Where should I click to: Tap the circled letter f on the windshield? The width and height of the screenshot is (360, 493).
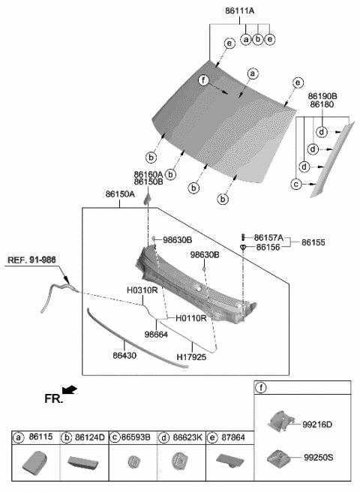pos(202,80)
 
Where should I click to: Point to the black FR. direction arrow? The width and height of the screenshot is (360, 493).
pos(70,389)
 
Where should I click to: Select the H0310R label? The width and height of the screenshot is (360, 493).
pos(142,290)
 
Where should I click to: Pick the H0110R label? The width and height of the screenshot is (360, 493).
pos(190,318)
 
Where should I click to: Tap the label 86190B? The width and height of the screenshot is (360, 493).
pos(322,97)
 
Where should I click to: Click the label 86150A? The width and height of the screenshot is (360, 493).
pos(120,194)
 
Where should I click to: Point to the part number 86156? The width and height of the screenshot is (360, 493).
pos(268,247)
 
